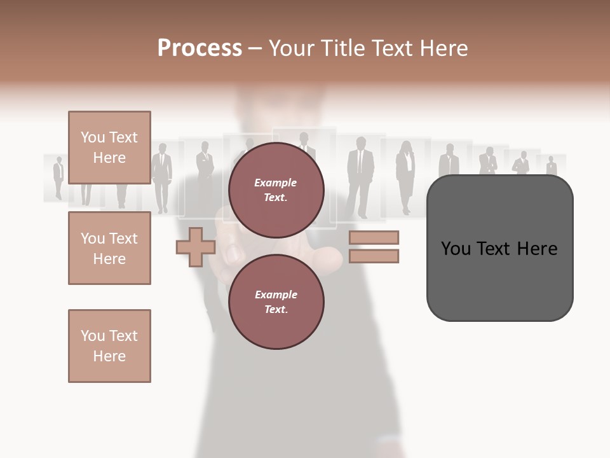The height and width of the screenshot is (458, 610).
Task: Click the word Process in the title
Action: coord(200,48)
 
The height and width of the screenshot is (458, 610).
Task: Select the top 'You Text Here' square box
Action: coord(109,148)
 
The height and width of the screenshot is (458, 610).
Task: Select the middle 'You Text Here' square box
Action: coord(109,248)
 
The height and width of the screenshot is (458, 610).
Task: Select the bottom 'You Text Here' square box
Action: coord(109,345)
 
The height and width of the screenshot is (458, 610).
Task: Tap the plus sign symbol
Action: coord(196,247)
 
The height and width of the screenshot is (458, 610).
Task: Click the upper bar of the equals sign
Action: coord(374,238)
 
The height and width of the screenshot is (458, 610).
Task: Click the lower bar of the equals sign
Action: coord(374,256)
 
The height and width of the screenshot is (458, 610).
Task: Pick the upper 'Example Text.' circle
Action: coord(276,190)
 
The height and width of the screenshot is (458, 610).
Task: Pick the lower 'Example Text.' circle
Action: coord(276,302)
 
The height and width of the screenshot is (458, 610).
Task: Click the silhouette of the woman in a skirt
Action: coord(405,175)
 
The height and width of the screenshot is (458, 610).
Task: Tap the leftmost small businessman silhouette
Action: coord(58,176)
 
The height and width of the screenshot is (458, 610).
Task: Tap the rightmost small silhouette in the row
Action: coord(551,166)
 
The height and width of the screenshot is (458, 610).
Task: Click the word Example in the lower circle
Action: coord(276,295)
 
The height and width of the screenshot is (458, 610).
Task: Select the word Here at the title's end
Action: coord(445,48)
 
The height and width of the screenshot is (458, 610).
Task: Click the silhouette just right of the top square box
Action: coord(161,175)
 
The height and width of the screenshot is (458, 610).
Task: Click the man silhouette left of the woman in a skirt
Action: coord(359,173)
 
